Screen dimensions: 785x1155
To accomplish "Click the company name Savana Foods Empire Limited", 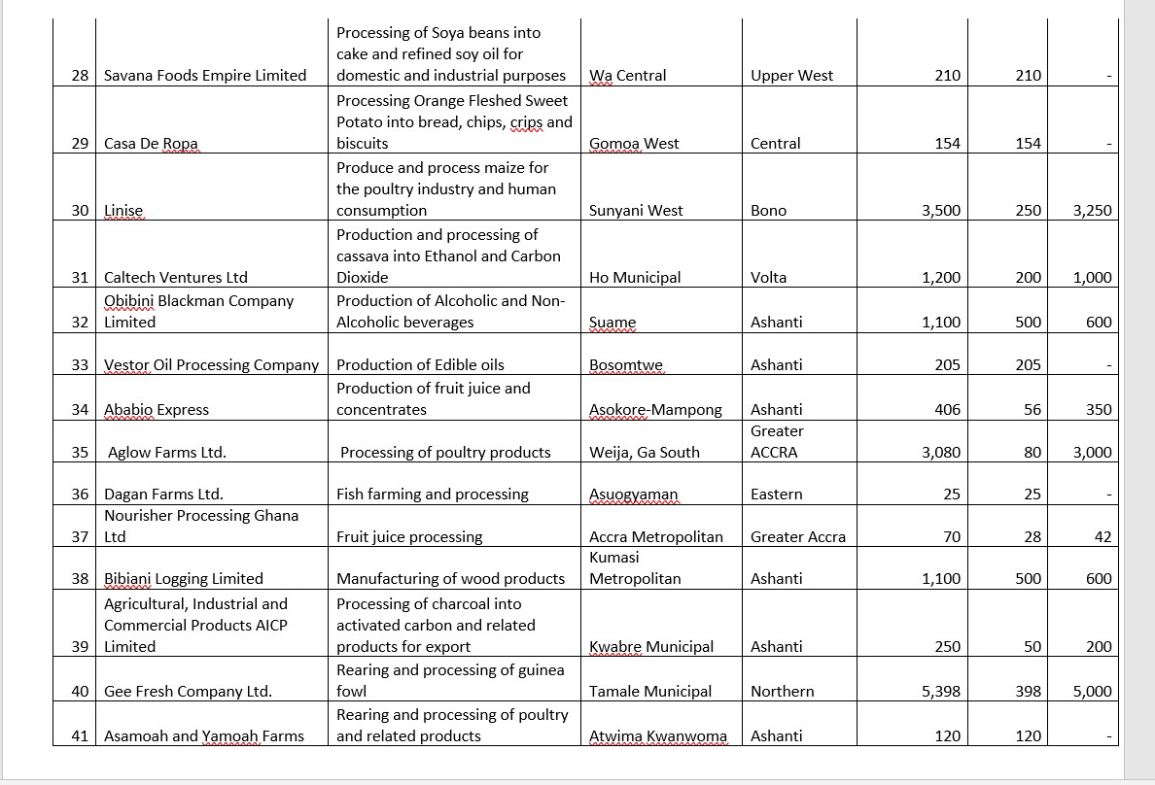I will click(205, 76).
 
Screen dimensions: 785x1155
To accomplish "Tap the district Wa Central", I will click(628, 76).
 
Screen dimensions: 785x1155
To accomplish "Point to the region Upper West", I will click(791, 76).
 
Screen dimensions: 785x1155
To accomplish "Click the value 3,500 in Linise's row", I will click(941, 211).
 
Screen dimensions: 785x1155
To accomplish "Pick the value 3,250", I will click(1092, 211).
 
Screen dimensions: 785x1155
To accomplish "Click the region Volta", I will click(768, 278).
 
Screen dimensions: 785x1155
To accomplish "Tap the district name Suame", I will click(612, 323).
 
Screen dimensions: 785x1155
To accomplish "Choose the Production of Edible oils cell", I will click(420, 365).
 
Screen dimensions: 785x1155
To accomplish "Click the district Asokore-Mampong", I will click(655, 410).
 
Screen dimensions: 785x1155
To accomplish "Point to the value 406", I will click(947, 410).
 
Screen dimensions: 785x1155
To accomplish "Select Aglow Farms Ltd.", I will click(167, 453).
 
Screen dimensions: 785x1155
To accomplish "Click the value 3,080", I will click(941, 453).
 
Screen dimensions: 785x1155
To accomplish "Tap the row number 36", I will click(80, 495).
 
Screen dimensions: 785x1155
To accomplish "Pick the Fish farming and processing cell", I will click(432, 495).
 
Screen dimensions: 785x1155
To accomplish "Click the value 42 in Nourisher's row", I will click(1102, 537).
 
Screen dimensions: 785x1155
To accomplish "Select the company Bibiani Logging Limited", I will click(184, 579).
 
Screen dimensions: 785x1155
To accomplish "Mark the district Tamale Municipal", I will click(650, 692).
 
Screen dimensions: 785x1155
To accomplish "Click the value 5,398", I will click(941, 692).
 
